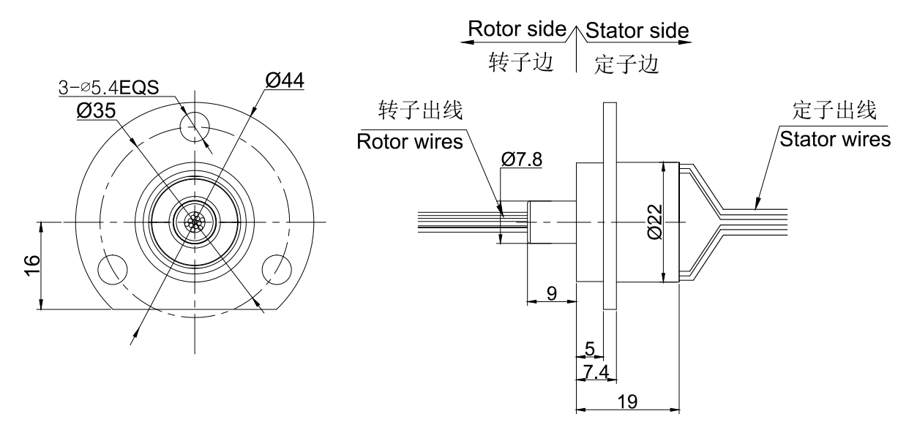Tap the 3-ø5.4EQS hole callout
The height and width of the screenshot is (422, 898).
pyautogui.click(x=111, y=88)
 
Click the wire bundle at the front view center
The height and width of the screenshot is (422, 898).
pyautogui.click(x=195, y=222)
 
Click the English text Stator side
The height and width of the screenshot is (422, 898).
pyautogui.click(x=637, y=31)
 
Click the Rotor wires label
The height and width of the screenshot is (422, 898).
pyautogui.click(x=410, y=142)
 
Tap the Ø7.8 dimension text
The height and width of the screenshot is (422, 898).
pyautogui.click(x=523, y=159)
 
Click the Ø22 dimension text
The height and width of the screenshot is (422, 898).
pyautogui.click(x=654, y=222)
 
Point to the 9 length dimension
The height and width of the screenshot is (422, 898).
pyautogui.click(x=552, y=293)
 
